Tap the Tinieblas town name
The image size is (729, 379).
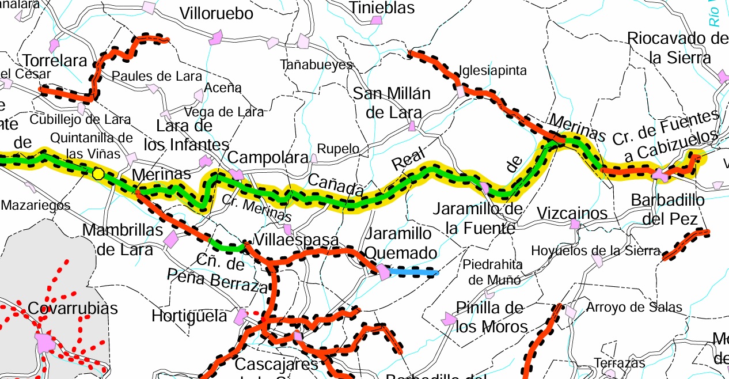click(382, 7)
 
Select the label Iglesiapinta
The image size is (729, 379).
click(492, 70)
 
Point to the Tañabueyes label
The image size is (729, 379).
click(316, 65)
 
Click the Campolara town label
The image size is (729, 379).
click(268, 157)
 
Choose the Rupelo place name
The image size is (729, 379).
click(338, 149)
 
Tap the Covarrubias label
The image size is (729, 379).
click(73, 308)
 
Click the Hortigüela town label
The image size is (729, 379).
click(189, 316)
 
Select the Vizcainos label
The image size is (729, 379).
click(572, 213)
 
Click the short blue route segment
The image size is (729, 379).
click(413, 272)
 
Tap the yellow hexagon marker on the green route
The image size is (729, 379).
click(98, 173)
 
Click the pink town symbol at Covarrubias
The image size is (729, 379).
click(45, 342)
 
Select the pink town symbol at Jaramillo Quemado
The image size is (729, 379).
click(383, 272)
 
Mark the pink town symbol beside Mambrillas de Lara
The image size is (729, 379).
click(170, 238)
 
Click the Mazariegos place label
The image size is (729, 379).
click(36, 204)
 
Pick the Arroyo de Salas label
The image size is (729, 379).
click(634, 307)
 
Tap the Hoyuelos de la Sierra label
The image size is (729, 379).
click(595, 251)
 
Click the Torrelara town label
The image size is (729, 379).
click(55, 60)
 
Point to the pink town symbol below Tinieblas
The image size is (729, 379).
click(376, 21)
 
